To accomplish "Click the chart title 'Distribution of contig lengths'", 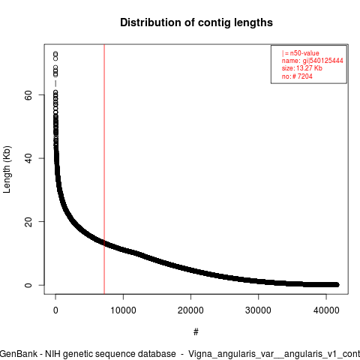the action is coord(196,22).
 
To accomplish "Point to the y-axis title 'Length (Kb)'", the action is coord(7,169).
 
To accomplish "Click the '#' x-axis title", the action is coord(196,332).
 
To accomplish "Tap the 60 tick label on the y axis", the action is coord(28,95).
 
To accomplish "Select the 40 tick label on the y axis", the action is coord(28,158).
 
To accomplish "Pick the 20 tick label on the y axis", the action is coord(28,222).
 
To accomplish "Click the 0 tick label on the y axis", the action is coord(28,285).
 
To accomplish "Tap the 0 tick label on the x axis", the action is coord(55,310).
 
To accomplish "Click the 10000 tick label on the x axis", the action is coord(123,310).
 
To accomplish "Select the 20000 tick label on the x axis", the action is coord(190,310).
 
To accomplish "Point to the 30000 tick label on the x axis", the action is coord(258,310).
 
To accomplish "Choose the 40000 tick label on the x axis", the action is coord(326,310).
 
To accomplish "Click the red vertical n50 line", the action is coord(104,169).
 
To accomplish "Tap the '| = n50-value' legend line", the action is coord(300,53).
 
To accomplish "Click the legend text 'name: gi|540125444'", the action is coord(312,61).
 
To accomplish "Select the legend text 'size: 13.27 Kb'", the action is coord(302,68).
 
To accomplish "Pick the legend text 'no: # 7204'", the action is coord(297,76).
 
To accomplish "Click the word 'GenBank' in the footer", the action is coord(19,354).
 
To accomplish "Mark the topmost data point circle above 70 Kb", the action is coord(55,53).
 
